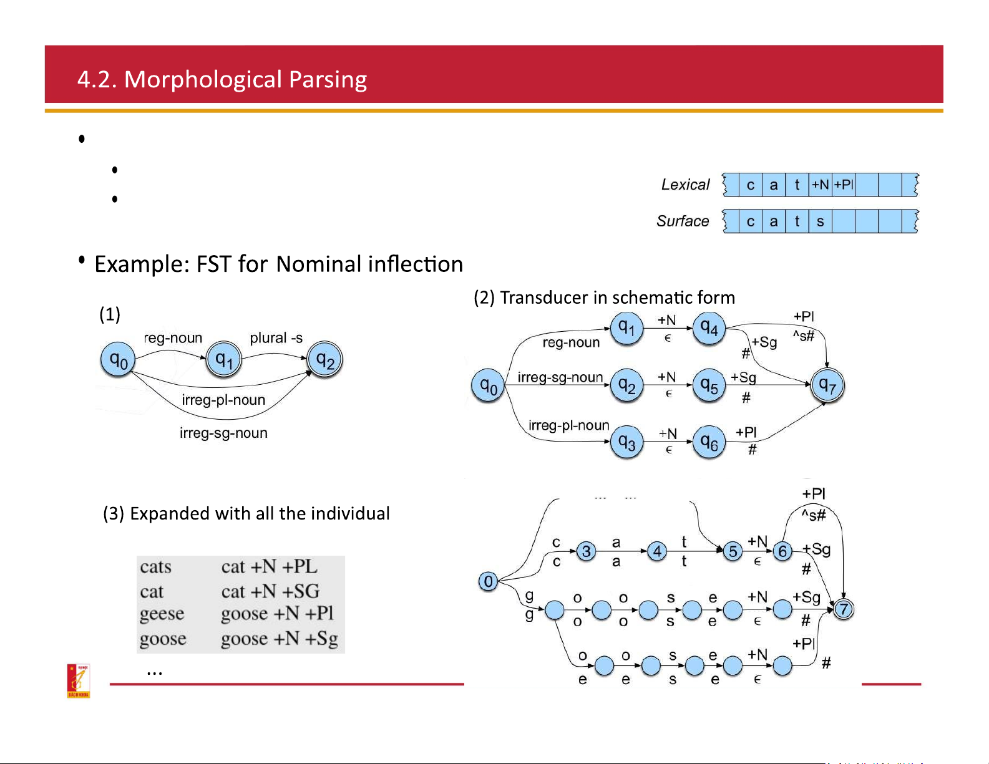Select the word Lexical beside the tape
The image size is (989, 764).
pyautogui.click(x=685, y=185)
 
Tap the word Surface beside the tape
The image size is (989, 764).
pyautogui.click(x=683, y=221)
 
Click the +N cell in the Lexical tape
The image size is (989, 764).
pyautogui.click(x=820, y=185)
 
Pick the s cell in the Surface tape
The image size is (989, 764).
pyautogui.click(x=820, y=221)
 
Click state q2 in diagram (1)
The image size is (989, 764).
pyautogui.click(x=325, y=360)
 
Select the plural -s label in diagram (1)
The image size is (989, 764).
pyautogui.click(x=276, y=338)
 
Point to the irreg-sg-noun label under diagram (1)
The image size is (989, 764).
pyautogui.click(x=223, y=433)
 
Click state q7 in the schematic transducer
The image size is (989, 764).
pyautogui.click(x=827, y=385)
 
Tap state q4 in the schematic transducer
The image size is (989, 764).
pyautogui.click(x=709, y=328)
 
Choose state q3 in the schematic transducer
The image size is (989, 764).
pyautogui.click(x=626, y=443)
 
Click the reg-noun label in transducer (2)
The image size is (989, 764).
pyautogui.click(x=571, y=342)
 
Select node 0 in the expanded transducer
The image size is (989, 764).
pyautogui.click(x=488, y=581)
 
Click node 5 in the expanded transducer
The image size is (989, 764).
pyautogui.click(x=733, y=551)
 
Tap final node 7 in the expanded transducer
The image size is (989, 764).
pyautogui.click(x=844, y=609)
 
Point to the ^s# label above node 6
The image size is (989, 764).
pyautogui.click(x=814, y=515)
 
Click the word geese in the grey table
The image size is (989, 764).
pyautogui.click(x=162, y=614)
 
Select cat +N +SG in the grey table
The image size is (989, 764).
pyautogui.click(x=270, y=591)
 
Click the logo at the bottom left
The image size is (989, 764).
pyautogui.click(x=79, y=680)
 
